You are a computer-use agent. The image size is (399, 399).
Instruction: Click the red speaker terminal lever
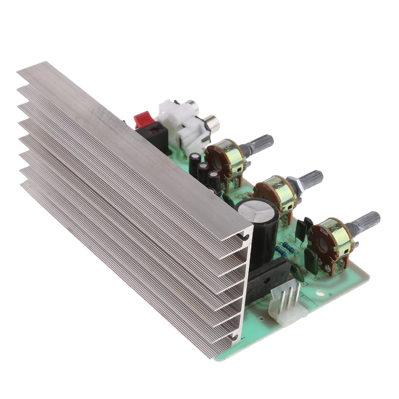(143, 118)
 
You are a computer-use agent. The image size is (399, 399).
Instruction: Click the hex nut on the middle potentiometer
(293, 182)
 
